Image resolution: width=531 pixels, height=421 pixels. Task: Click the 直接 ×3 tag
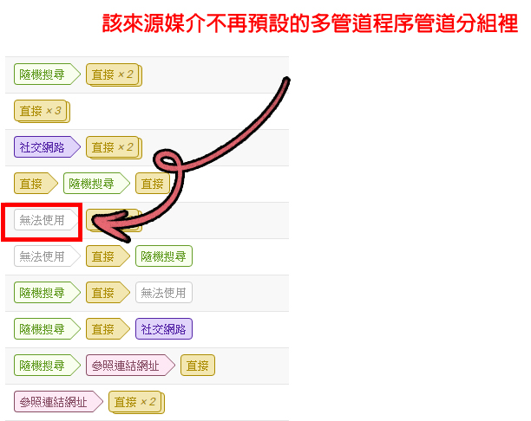41,111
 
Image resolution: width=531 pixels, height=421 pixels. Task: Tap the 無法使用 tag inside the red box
42,220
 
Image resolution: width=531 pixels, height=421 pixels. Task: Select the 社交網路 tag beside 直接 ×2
42,147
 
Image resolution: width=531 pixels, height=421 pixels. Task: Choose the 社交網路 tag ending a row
164,329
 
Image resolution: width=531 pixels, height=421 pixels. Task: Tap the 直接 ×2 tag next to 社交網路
113,147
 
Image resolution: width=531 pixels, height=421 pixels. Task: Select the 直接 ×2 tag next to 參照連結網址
135,402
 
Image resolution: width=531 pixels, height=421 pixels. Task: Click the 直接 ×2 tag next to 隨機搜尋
113,74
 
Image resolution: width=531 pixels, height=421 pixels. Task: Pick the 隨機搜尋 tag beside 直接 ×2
42,74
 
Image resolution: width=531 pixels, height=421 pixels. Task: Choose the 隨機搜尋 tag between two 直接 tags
91,184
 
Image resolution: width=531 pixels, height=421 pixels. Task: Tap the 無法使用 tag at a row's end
164,293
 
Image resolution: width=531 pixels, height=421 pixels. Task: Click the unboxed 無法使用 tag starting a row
42,256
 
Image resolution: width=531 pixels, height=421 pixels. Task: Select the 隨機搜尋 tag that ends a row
164,256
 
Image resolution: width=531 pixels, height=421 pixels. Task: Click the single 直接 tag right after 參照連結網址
197,366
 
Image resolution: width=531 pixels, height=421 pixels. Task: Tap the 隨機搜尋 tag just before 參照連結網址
42,366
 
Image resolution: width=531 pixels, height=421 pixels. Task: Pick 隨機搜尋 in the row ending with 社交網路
42,329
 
